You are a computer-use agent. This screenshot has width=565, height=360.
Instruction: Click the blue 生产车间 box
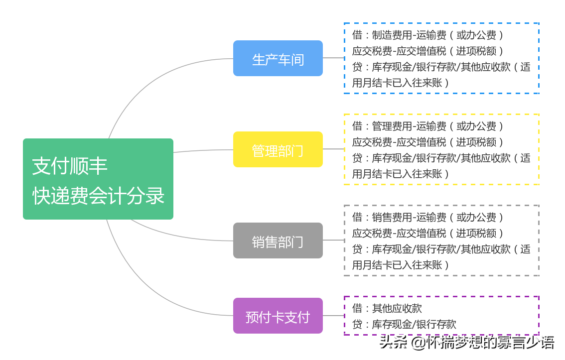point(278,59)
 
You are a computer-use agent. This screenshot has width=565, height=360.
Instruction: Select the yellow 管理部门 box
point(278,150)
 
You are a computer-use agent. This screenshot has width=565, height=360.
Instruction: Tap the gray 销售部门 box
point(278,241)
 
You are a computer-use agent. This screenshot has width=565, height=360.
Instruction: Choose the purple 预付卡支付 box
point(278,316)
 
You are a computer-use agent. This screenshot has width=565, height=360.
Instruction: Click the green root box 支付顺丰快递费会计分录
point(98,179)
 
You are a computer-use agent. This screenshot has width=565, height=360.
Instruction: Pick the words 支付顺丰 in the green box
point(70,166)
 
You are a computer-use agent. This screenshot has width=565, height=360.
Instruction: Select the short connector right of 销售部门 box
point(333,240)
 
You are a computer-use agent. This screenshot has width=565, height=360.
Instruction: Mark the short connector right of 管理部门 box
point(333,149)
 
